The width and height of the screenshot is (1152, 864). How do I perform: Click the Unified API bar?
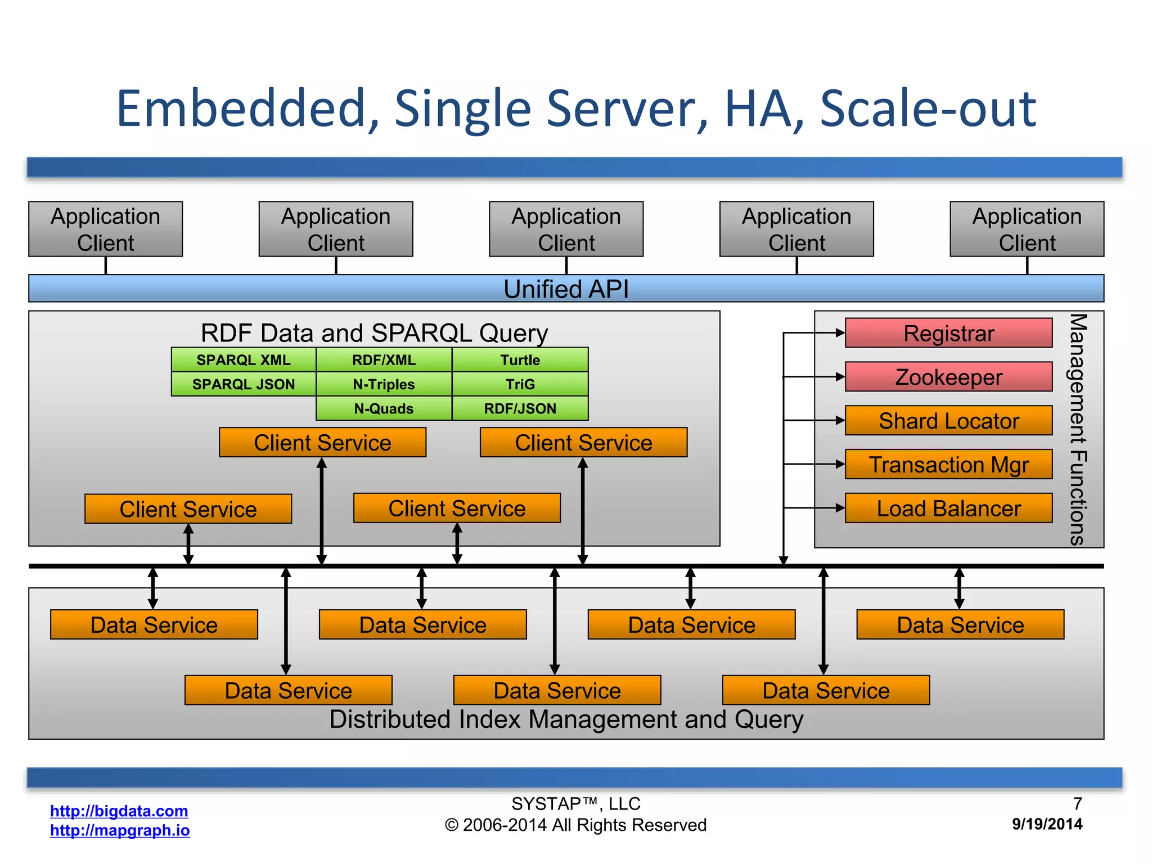click(x=566, y=289)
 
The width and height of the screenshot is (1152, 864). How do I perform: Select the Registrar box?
click(x=948, y=333)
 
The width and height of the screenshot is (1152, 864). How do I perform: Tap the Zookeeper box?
click(x=948, y=377)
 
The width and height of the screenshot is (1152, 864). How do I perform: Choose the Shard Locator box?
click(x=948, y=421)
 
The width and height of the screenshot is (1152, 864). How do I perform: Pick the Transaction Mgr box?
click(x=948, y=465)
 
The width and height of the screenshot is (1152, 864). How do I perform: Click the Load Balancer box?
click(x=948, y=508)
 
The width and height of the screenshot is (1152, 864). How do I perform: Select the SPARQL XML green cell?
click(x=244, y=360)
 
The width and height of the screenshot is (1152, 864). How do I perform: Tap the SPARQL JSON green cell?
click(x=244, y=384)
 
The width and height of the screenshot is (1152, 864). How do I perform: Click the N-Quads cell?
click(x=384, y=408)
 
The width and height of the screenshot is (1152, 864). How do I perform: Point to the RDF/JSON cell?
click(x=520, y=408)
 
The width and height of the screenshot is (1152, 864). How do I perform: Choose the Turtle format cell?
click(x=520, y=360)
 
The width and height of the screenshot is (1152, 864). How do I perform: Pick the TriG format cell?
click(x=520, y=384)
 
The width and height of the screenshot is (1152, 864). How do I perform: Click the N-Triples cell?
click(x=384, y=384)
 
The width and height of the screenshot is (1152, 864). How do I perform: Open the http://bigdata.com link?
click(x=119, y=811)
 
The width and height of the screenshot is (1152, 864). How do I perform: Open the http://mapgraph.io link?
click(x=120, y=830)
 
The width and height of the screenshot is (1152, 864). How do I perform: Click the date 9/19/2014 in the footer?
click(x=1047, y=824)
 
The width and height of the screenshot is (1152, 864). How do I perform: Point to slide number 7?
click(x=1077, y=803)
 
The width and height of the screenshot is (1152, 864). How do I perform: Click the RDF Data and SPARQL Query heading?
click(x=374, y=333)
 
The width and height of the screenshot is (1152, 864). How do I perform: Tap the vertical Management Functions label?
click(x=1078, y=429)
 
